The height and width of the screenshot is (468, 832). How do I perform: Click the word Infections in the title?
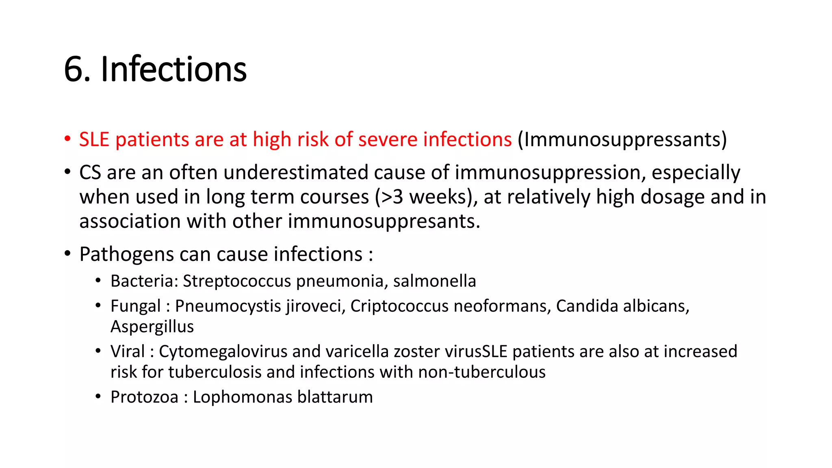pos(173,69)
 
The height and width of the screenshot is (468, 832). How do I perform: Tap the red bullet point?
pos(67,139)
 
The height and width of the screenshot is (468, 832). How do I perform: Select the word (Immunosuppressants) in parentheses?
pos(622,140)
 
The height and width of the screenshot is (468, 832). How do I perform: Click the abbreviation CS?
pos(90,172)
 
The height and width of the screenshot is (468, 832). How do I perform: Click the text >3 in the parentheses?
pos(392,197)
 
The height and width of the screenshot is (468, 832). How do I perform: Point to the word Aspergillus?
pos(152,327)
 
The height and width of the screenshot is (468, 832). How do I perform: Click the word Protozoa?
pos(144,397)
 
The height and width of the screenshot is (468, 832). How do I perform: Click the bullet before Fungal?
pos(98,305)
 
